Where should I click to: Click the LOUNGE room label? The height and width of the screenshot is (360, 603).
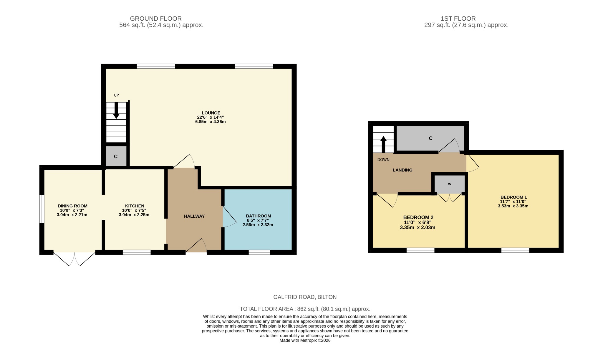click(x=211, y=113)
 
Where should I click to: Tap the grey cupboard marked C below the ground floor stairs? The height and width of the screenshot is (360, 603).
click(x=116, y=156)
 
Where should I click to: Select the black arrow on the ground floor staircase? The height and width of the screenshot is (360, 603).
click(x=116, y=110)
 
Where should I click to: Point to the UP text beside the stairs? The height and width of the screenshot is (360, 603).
click(x=116, y=95)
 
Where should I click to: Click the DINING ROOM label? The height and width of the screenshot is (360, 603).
click(x=72, y=206)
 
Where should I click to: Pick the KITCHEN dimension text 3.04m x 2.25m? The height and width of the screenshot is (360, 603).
click(x=134, y=215)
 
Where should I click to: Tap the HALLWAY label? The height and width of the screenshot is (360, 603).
click(x=194, y=216)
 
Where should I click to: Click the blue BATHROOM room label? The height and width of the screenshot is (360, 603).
click(x=258, y=216)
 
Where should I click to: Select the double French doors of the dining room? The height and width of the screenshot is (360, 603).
click(x=74, y=258)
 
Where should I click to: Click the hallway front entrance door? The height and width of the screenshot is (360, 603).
click(x=196, y=246)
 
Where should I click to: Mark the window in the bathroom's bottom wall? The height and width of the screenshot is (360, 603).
click(x=259, y=252)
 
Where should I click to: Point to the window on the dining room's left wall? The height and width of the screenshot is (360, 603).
click(x=42, y=209)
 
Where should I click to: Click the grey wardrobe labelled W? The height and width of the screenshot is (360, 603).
click(x=450, y=184)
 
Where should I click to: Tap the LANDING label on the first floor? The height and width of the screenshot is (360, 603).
click(x=402, y=170)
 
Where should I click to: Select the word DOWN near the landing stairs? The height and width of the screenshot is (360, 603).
click(x=383, y=160)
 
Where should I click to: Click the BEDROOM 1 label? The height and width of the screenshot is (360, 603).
click(x=513, y=197)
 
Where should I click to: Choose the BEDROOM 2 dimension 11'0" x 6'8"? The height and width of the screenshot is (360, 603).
click(x=418, y=223)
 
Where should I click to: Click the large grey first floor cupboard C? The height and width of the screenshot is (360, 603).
click(x=430, y=138)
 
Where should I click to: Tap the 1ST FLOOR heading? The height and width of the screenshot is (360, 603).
click(x=458, y=19)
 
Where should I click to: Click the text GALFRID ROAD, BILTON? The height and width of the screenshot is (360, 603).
click(x=305, y=297)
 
